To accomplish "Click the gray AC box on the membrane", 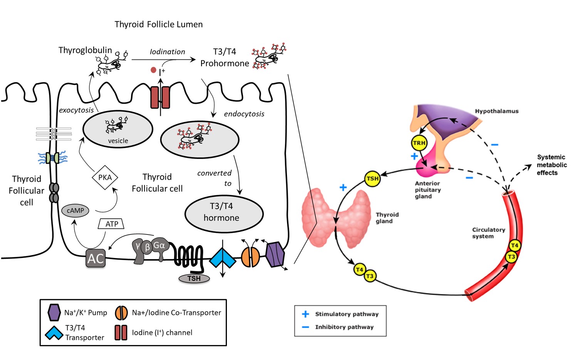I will point(96,258).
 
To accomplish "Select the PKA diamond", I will point(105,177).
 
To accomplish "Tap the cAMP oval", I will point(75,211).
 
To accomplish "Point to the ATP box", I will point(111,224).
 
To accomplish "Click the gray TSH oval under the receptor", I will point(194,278).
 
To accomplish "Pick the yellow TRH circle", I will point(419,143).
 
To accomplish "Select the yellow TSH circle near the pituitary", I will point(372,179).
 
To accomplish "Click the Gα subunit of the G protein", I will point(159,246).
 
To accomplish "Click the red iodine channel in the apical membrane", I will point(160,97).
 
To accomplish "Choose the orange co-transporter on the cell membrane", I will point(251,257).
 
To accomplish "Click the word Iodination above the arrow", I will point(167,52).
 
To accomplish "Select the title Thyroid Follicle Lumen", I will point(158,24).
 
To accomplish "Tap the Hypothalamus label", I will point(497,111).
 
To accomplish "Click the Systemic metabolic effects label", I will point(551,165).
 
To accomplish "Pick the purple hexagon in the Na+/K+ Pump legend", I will point(54,312).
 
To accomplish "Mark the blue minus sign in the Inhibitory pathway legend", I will point(305,327).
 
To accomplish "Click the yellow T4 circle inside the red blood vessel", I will point(514,245).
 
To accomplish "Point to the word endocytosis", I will point(244,114).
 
